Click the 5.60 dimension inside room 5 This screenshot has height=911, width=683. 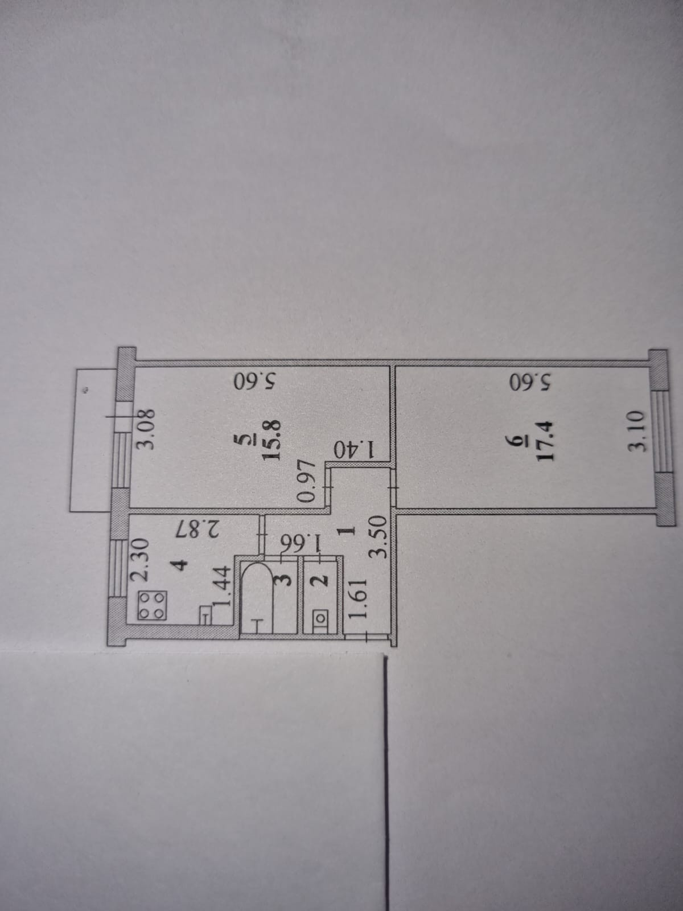pos(254,380)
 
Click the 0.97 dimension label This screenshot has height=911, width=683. pos(307,481)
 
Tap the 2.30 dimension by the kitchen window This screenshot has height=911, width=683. pos(139,560)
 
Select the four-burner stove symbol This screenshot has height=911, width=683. pos(152,606)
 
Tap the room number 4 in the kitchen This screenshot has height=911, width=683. pos(179,565)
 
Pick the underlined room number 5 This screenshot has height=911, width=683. pos(244,439)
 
